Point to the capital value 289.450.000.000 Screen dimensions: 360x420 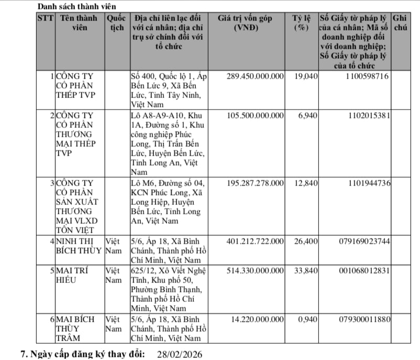pos(255,77)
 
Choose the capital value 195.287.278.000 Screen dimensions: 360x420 pos(255,183)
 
